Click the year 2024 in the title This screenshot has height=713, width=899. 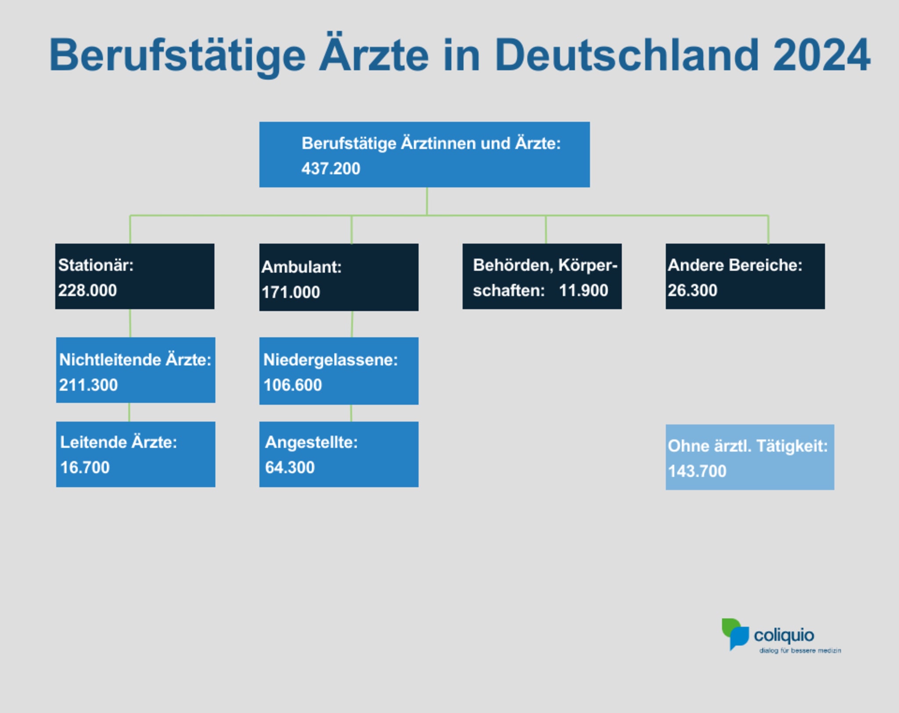point(821,56)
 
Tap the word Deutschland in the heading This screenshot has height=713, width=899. point(626,56)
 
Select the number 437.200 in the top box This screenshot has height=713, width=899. point(331,169)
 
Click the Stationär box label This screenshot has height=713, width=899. point(96,265)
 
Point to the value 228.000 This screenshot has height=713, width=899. point(87,290)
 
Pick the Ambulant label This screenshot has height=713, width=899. point(301,267)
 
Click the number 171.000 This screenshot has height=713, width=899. point(291,293)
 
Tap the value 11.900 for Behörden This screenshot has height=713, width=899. point(583,290)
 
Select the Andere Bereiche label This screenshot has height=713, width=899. point(735,265)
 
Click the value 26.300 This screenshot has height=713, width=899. point(692,290)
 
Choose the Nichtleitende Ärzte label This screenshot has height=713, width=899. point(135,360)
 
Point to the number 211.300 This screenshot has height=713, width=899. point(88,385)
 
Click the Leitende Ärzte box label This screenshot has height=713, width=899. point(119,442)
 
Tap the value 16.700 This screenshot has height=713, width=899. point(85,467)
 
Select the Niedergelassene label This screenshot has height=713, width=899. point(330,360)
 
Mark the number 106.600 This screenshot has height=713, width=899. point(292,385)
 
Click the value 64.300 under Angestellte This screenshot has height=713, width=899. point(290,467)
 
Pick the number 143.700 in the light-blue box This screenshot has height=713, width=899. point(697,471)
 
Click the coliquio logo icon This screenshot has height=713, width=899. point(735,634)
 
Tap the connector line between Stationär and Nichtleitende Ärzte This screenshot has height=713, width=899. point(130,323)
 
